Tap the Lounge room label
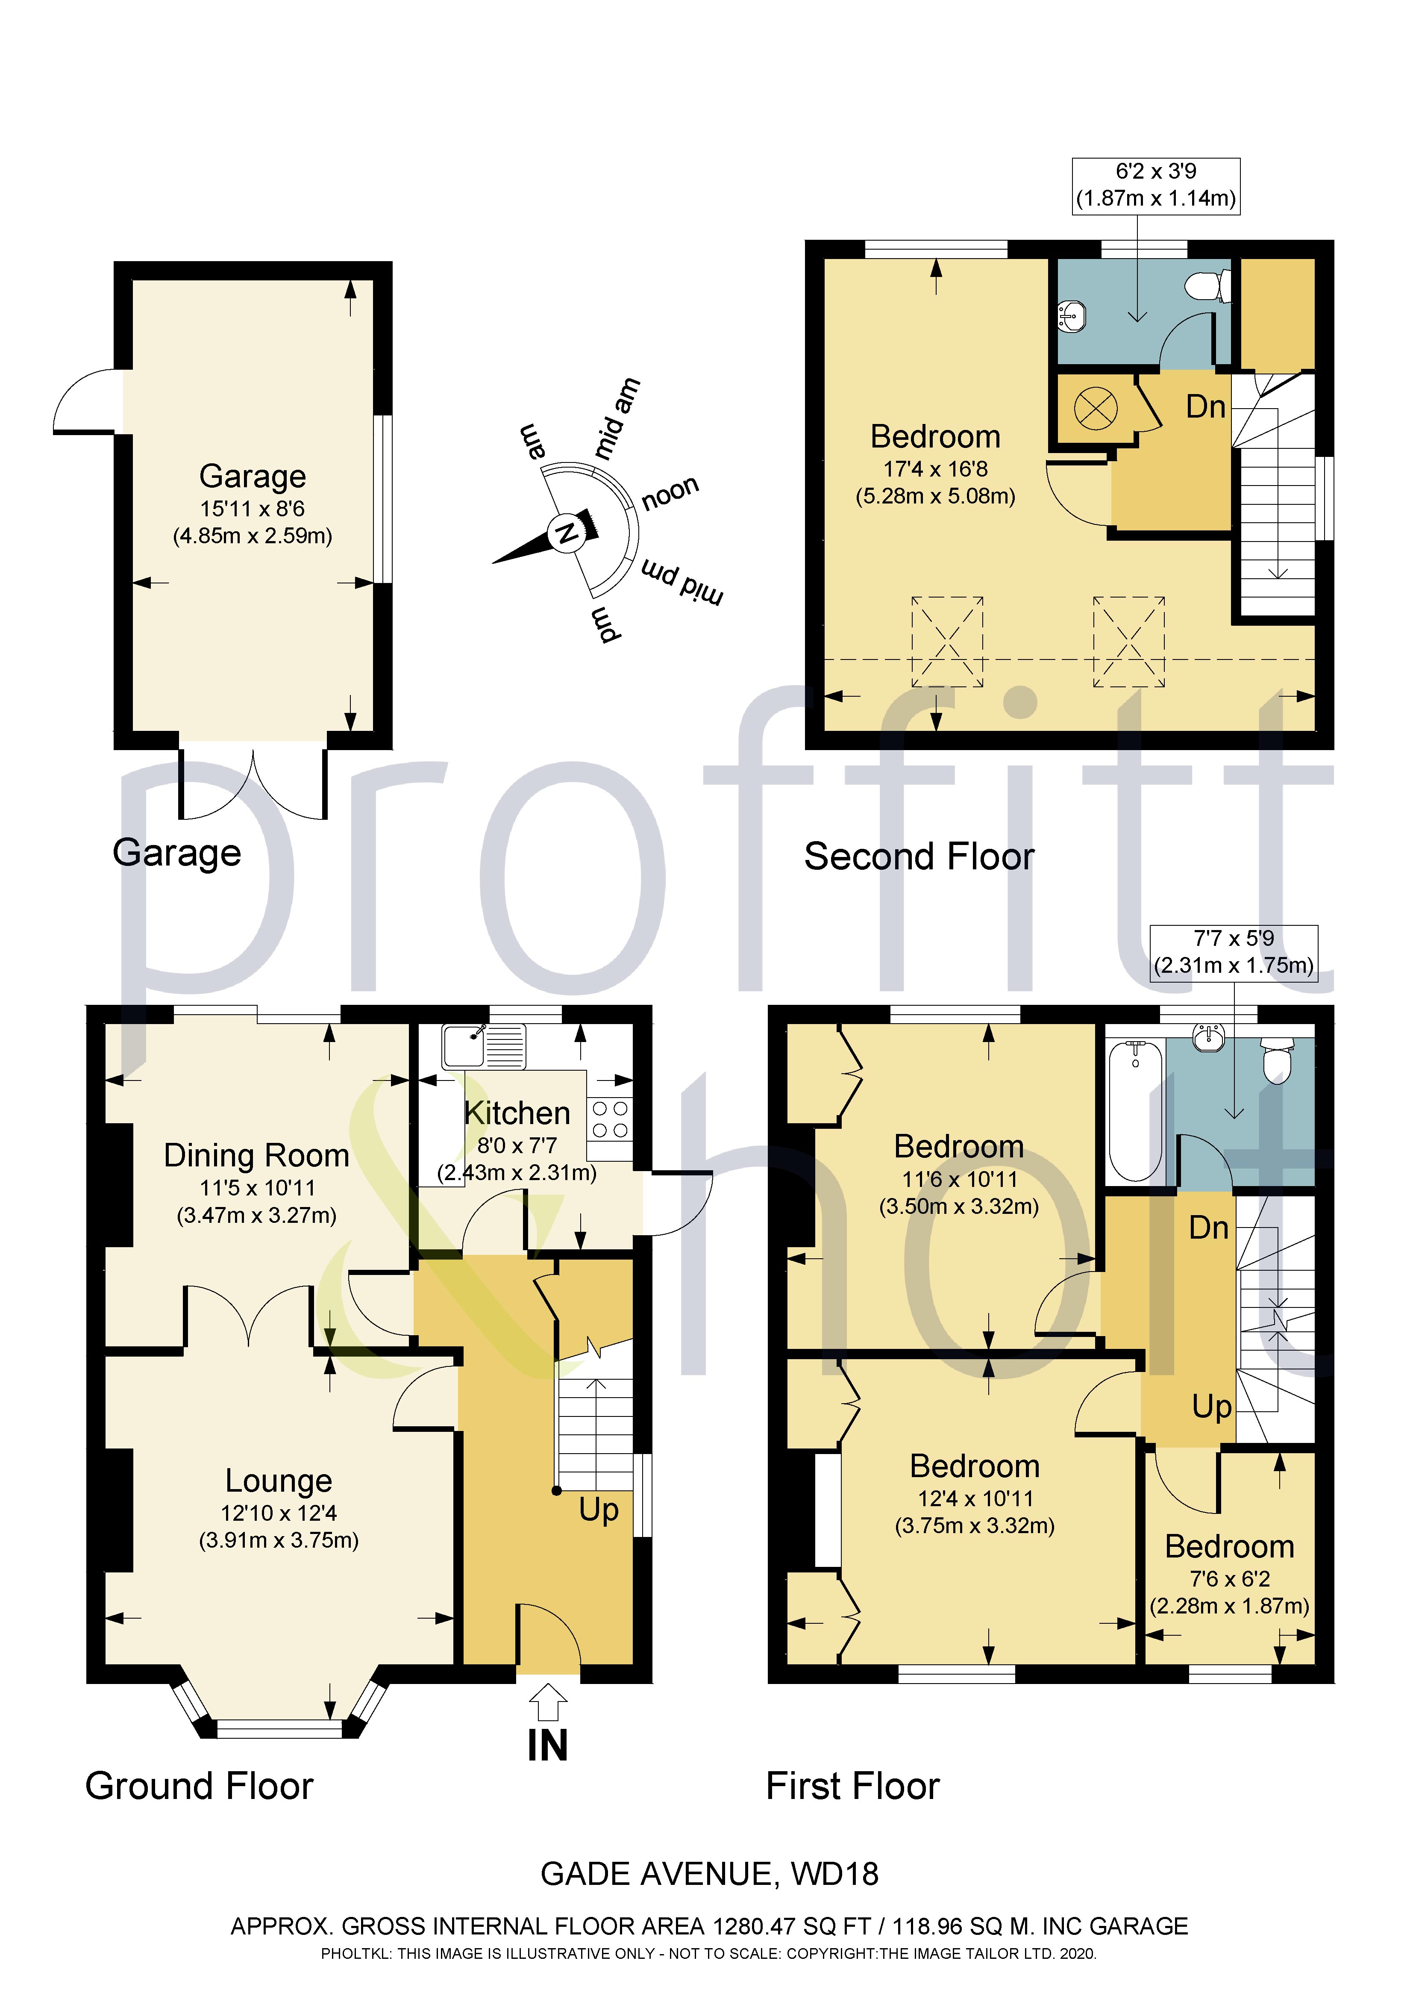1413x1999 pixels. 279,1480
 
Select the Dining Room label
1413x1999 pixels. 257,1155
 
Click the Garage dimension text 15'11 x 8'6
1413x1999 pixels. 253,509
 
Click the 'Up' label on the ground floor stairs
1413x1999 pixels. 599,1509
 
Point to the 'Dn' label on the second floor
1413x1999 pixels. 1206,406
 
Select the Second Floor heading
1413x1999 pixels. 919,857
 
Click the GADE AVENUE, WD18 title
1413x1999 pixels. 710,1874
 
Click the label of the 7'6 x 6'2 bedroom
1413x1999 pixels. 1229,1547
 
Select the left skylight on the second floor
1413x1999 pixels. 947,642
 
